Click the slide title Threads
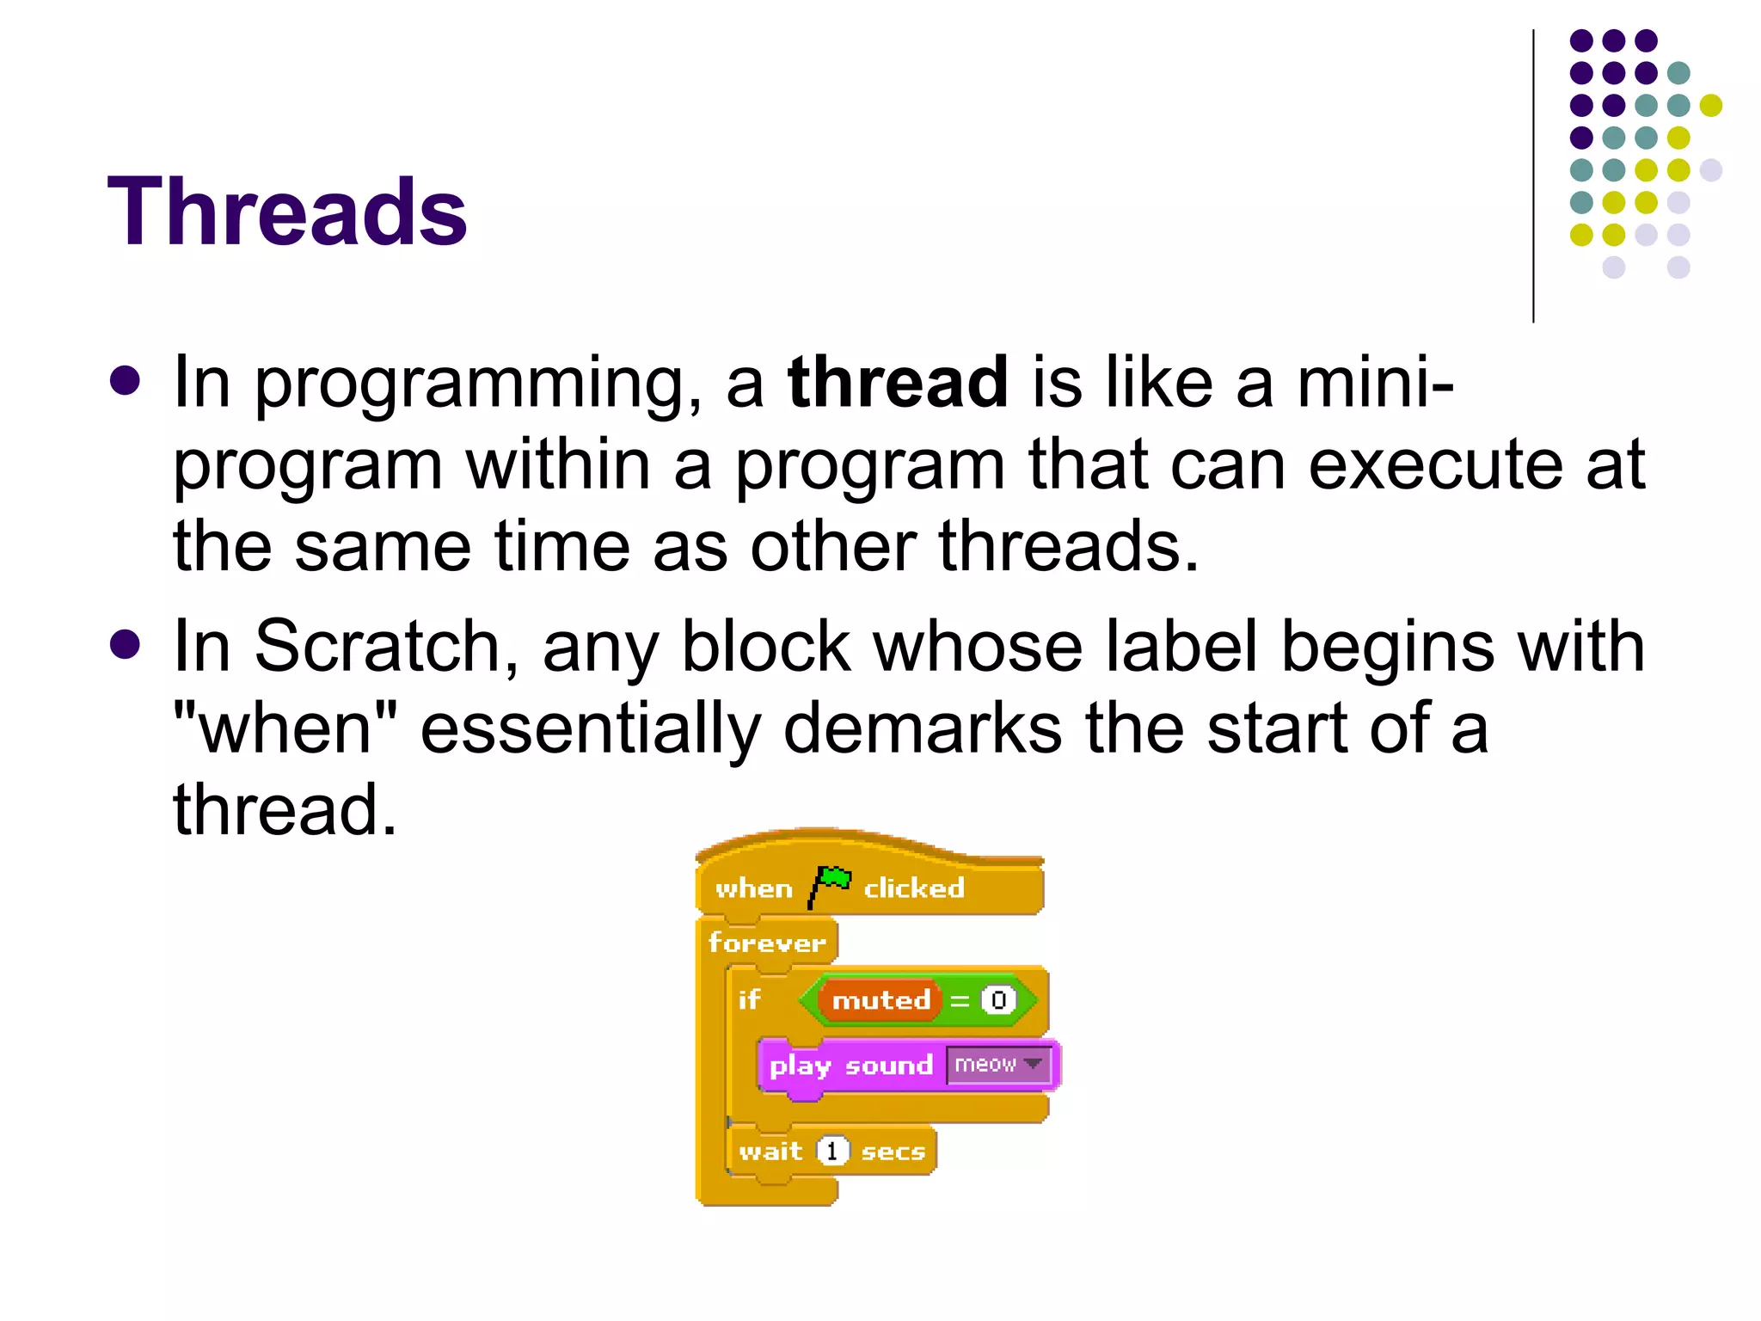[287, 212]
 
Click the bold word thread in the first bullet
[898, 382]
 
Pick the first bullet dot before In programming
[126, 381]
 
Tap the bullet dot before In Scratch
[126, 645]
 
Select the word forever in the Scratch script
[766, 943]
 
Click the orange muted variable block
[880, 1000]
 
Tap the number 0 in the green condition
[998, 1000]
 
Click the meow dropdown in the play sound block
[997, 1065]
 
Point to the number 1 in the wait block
[831, 1151]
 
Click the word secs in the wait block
[893, 1152]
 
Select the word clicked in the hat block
[913, 888]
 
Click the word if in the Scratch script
[749, 999]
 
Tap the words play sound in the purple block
[850, 1066]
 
